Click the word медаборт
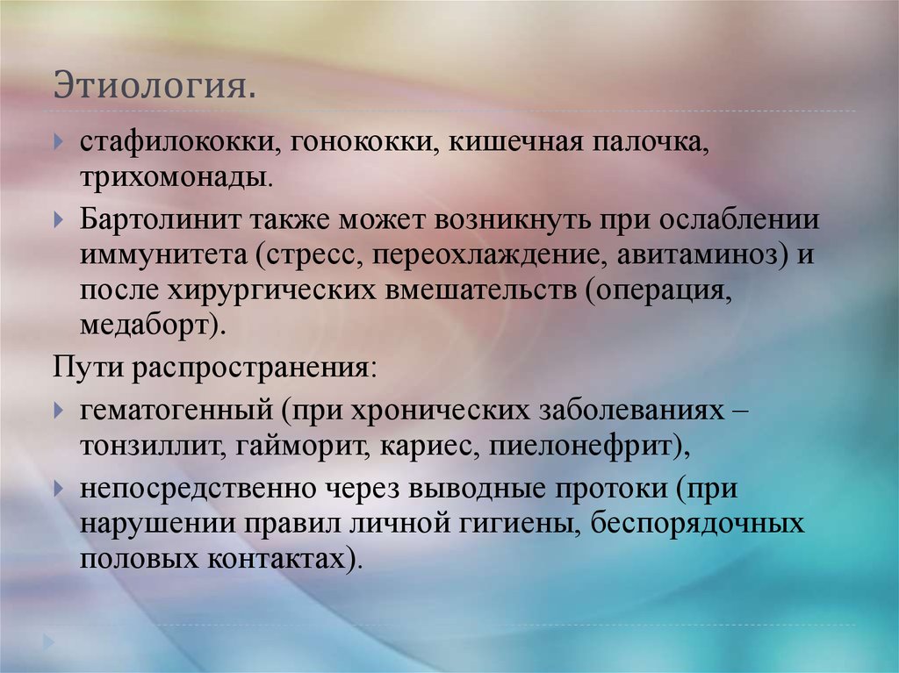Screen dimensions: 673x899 pos(145,326)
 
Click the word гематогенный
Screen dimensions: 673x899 pos(174,411)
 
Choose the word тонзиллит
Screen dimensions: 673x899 pos(151,447)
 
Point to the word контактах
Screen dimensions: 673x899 pos(289,559)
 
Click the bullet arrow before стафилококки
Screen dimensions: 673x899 pos(58,141)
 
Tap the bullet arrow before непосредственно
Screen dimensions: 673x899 pos(58,486)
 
